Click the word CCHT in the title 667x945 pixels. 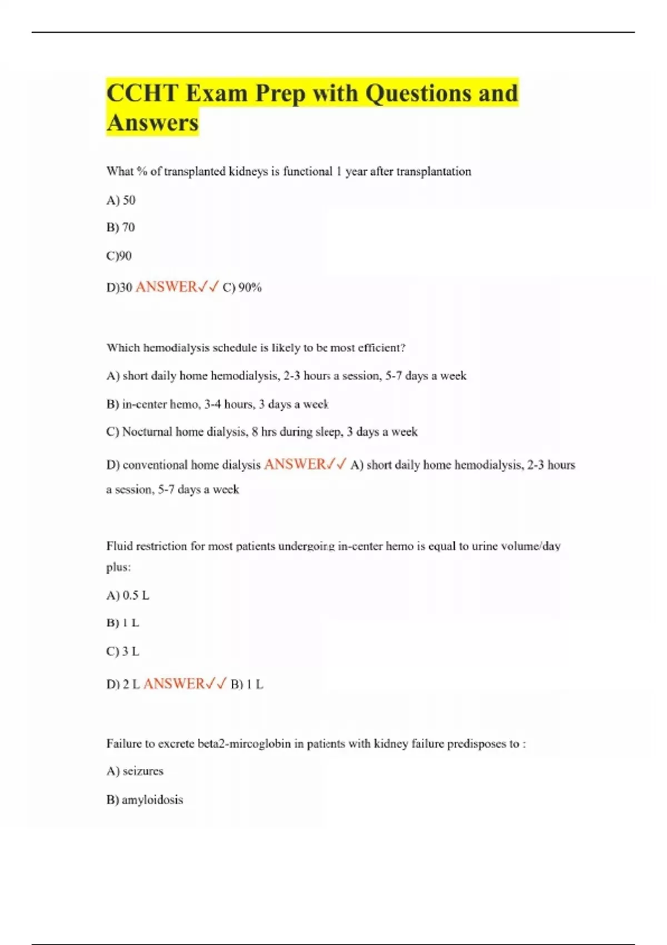click(142, 93)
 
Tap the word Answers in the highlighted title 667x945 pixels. click(152, 123)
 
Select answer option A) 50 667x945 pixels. click(121, 200)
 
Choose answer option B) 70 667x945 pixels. click(121, 227)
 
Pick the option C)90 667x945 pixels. click(119, 256)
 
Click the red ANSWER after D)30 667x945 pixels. click(166, 287)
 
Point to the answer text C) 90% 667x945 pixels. click(242, 287)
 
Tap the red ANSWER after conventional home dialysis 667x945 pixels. click(295, 464)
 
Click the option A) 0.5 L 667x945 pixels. click(128, 595)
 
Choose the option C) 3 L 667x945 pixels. click(123, 651)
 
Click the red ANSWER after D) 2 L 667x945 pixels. click(174, 684)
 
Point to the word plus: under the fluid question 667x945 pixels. click(118, 568)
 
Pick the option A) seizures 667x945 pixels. click(135, 771)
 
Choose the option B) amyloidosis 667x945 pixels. click(145, 800)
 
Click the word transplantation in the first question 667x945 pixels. click(434, 172)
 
